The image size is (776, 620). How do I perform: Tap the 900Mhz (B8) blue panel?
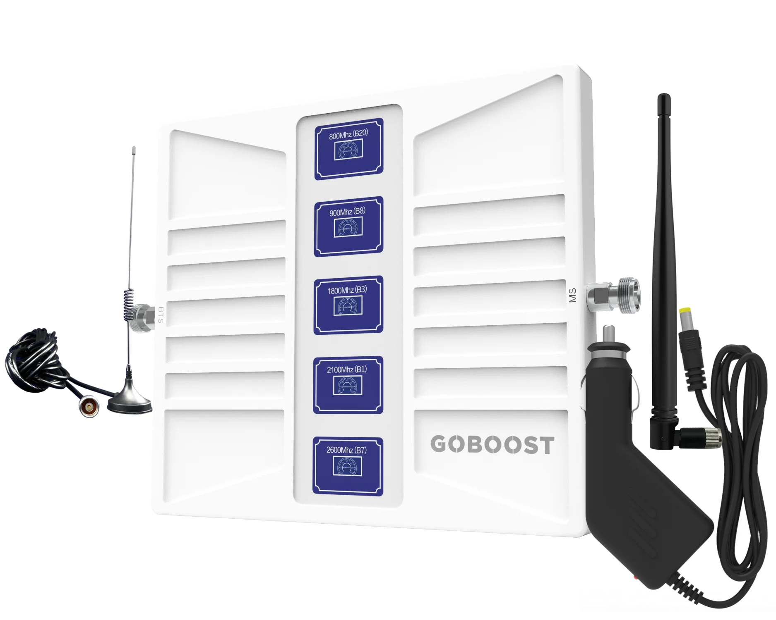(x=348, y=226)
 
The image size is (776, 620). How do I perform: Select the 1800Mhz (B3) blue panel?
(x=348, y=305)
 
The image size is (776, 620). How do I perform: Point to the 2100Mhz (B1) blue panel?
(x=348, y=384)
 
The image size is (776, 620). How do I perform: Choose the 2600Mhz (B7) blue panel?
(x=348, y=465)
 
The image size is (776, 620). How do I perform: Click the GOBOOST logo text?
(x=492, y=445)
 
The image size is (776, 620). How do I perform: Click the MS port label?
(x=573, y=296)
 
